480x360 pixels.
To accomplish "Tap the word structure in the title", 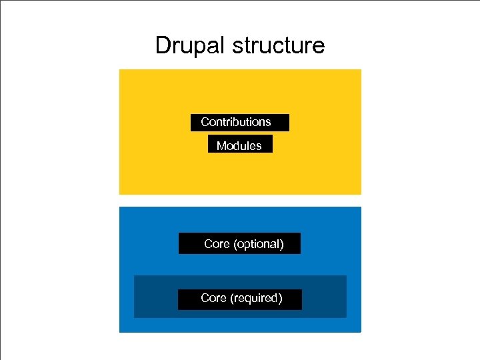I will [279, 46].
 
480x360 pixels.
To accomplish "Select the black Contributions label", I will [239, 122].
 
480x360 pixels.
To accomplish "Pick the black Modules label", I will [240, 145].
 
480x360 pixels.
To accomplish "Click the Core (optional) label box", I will [239, 243].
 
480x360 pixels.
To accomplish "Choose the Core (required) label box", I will [239, 299].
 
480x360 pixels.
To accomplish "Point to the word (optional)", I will [258, 244].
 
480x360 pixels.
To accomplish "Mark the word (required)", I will [256, 298].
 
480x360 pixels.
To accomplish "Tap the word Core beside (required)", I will [213, 298].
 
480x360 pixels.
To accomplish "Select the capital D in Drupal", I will [163, 45].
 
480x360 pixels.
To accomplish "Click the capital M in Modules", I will [221, 145].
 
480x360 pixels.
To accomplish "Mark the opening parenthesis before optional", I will [235, 244].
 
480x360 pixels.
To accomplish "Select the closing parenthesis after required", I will [281, 298].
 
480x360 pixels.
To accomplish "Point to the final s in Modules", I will [259, 146].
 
